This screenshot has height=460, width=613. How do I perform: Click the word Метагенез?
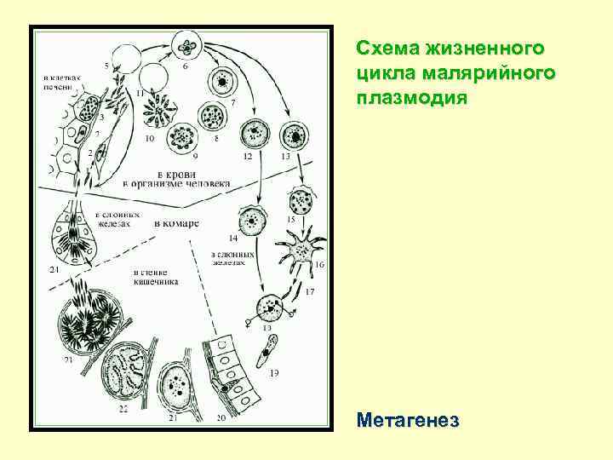409,421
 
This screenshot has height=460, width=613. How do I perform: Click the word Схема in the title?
386,46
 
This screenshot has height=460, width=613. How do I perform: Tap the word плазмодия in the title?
412,97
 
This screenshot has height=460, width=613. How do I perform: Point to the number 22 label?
123,410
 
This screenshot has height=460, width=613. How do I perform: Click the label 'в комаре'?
176,223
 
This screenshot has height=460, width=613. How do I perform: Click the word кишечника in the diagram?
155,282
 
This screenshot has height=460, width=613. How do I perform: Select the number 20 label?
221,417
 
